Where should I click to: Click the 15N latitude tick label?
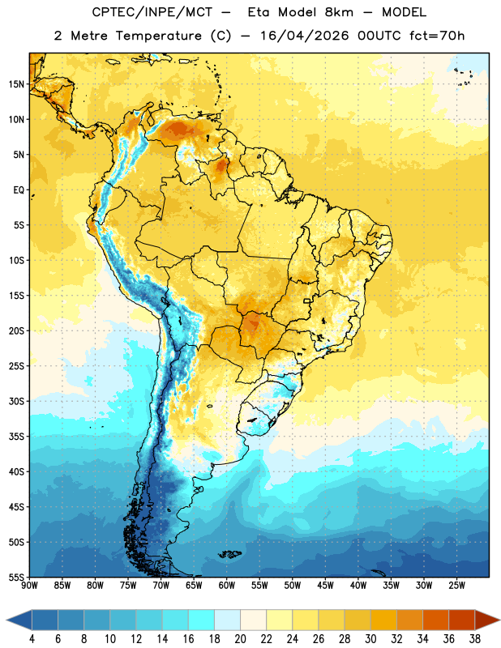tap(16, 84)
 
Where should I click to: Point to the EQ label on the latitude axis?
tap(19, 190)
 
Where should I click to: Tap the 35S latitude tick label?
tap(16, 437)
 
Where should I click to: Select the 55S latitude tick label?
tap(16, 577)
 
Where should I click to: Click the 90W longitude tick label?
tap(29, 586)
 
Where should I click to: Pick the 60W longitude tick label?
tap(227, 586)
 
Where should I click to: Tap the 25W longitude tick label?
tap(456, 586)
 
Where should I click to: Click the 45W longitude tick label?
tap(325, 586)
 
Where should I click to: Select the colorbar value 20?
tap(240, 639)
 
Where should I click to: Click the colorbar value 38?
tap(475, 639)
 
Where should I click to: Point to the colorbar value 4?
tap(32, 639)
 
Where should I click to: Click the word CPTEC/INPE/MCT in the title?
tap(152, 12)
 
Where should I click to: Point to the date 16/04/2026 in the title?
tap(304, 36)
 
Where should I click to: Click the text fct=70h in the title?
tap(437, 36)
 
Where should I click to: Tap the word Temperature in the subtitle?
tap(158, 36)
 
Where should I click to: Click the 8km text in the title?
tap(339, 12)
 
